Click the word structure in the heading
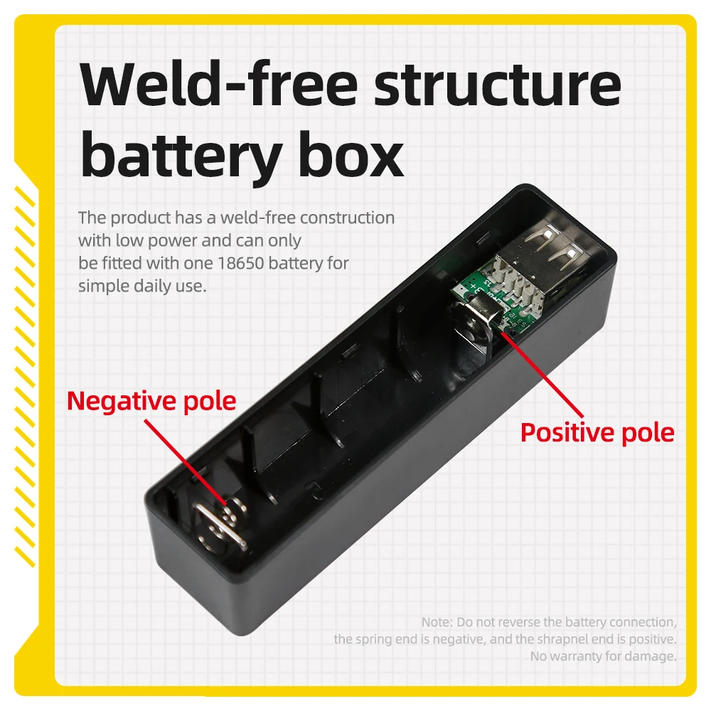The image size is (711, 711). pyautogui.click(x=498, y=85)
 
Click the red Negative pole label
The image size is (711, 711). pyautogui.click(x=151, y=401)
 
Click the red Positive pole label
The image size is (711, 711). pyautogui.click(x=597, y=432)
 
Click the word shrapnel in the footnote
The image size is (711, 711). pyautogui.click(x=550, y=639)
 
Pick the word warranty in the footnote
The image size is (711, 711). pyautogui.click(x=583, y=656)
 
